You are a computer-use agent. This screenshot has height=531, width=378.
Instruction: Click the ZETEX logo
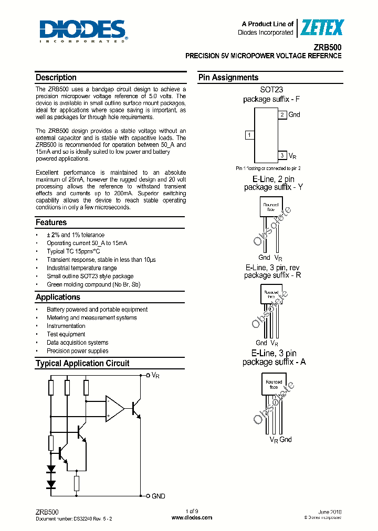[x=321, y=28]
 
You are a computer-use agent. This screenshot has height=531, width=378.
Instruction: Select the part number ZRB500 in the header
[x=329, y=47]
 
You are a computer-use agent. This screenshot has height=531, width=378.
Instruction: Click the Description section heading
[x=56, y=78]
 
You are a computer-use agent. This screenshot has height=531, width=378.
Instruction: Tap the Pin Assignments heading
[x=228, y=78]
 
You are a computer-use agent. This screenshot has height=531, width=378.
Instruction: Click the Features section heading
[x=51, y=222]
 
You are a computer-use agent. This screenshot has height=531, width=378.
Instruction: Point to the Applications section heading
[x=58, y=297]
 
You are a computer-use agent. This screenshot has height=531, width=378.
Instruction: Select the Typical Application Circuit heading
[x=82, y=363]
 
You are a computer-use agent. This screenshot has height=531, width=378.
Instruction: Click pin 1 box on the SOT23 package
[x=250, y=135]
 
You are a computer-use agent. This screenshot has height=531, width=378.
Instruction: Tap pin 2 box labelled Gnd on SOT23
[x=282, y=114]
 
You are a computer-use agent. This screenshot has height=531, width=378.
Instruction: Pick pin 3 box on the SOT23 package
[x=282, y=155]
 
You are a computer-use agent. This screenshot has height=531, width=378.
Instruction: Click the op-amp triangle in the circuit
[x=114, y=408]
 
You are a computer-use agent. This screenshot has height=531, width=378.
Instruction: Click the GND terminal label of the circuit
[x=159, y=496]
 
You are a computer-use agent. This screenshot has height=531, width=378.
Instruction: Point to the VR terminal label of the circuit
[x=155, y=376]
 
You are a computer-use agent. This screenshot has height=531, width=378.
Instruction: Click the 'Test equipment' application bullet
[x=66, y=334]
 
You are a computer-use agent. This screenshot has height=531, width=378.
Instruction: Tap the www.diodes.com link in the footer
[x=192, y=517]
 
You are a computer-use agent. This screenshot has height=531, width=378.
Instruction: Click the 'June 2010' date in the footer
[x=330, y=511]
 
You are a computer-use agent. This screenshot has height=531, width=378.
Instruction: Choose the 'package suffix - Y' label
[x=274, y=187]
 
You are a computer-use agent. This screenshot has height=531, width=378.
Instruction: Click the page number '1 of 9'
[x=192, y=511]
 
